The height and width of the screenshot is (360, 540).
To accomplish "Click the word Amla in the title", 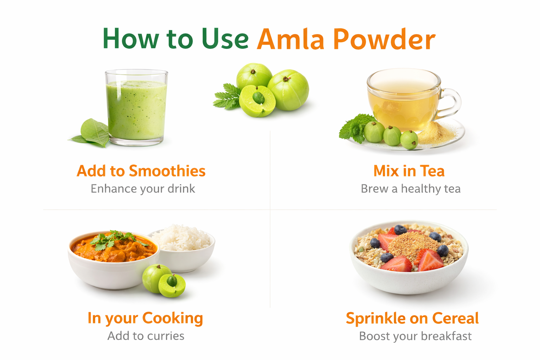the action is [x=290, y=39].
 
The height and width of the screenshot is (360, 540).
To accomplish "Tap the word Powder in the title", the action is [x=385, y=39].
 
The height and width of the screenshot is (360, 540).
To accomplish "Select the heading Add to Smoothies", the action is [x=141, y=171].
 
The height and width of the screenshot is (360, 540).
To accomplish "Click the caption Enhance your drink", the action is [x=143, y=189].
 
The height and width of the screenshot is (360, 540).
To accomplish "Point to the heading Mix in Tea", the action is [x=409, y=171].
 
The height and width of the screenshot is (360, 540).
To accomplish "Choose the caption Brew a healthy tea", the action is [x=411, y=189].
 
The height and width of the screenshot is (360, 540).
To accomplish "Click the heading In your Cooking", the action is [x=145, y=319].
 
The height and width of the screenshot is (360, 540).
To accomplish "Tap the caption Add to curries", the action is [x=146, y=336].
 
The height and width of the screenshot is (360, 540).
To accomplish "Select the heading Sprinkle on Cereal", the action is [x=412, y=319].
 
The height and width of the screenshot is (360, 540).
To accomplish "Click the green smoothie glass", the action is [x=136, y=108].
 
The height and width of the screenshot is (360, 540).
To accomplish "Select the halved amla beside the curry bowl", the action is [x=172, y=285].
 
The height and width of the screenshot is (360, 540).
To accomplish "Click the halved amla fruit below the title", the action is [x=257, y=101].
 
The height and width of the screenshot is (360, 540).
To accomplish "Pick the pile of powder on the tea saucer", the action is [x=436, y=133].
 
